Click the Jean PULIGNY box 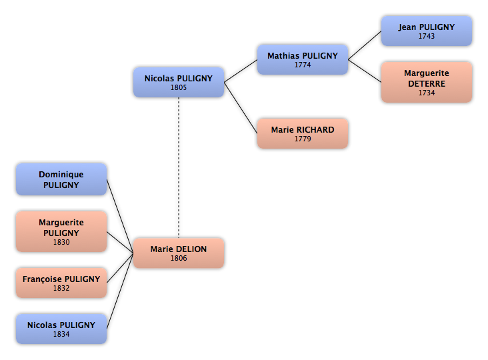[x=427, y=31]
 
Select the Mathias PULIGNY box [x=303, y=59]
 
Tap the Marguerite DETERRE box [x=427, y=82]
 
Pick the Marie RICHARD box [x=303, y=133]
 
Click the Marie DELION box [x=179, y=253]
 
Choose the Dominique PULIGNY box [x=61, y=179]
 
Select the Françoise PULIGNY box [x=61, y=283]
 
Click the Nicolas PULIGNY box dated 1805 [x=179, y=82]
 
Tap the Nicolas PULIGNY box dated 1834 [x=61, y=329]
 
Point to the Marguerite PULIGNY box [x=61, y=231]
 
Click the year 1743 [x=427, y=36]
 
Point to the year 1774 [x=303, y=65]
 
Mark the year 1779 [x=303, y=139]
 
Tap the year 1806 [x=179, y=258]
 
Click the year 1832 [x=61, y=288]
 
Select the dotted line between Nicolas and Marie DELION [x=179, y=167]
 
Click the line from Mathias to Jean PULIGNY [x=365, y=45]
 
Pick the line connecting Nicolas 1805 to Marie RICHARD [x=241, y=107]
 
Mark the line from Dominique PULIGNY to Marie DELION [x=120, y=216]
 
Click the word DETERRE [x=427, y=84]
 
